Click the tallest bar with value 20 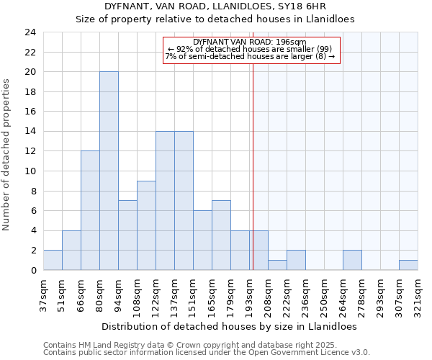coord(109,171)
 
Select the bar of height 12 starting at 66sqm coord(90,210)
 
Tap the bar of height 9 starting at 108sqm coord(146,225)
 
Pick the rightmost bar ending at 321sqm coord(408,265)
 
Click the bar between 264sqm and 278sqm coord(352,260)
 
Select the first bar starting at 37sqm coord(53,260)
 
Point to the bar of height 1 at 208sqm coord(277,265)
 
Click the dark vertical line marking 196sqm coord(253,180)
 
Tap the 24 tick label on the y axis coord(30,32)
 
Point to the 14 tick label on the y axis coord(30,132)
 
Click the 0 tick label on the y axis coord(32,271)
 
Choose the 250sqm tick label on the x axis coord(324,294)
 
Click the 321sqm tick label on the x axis coord(418,294)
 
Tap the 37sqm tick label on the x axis coord(43,293)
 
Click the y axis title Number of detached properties coord(7,156)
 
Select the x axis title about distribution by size coord(230,326)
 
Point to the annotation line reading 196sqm coord(250,42)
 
